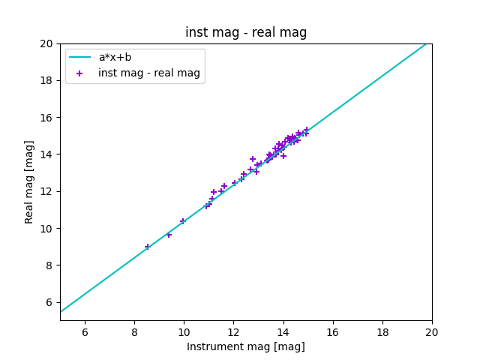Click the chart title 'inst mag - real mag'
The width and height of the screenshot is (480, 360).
[x=246, y=33]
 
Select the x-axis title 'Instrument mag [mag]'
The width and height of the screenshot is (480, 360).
[x=246, y=346]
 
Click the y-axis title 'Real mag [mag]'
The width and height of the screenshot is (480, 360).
[x=30, y=181]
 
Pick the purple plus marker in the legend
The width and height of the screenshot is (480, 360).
[x=80, y=73]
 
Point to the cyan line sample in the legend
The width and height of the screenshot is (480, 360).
[x=80, y=57]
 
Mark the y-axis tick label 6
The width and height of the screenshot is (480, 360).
[x=49, y=302]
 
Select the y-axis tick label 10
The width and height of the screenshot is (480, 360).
[x=46, y=229]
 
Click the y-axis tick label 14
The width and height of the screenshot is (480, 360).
[x=46, y=154]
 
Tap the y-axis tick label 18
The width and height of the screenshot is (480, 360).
[x=46, y=81]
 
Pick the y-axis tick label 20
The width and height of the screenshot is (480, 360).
[x=46, y=43]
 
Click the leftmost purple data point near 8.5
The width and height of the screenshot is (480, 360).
[x=148, y=247]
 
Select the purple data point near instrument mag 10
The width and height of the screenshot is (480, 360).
[x=183, y=221]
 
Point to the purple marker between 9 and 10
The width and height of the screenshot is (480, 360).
[x=169, y=235]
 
